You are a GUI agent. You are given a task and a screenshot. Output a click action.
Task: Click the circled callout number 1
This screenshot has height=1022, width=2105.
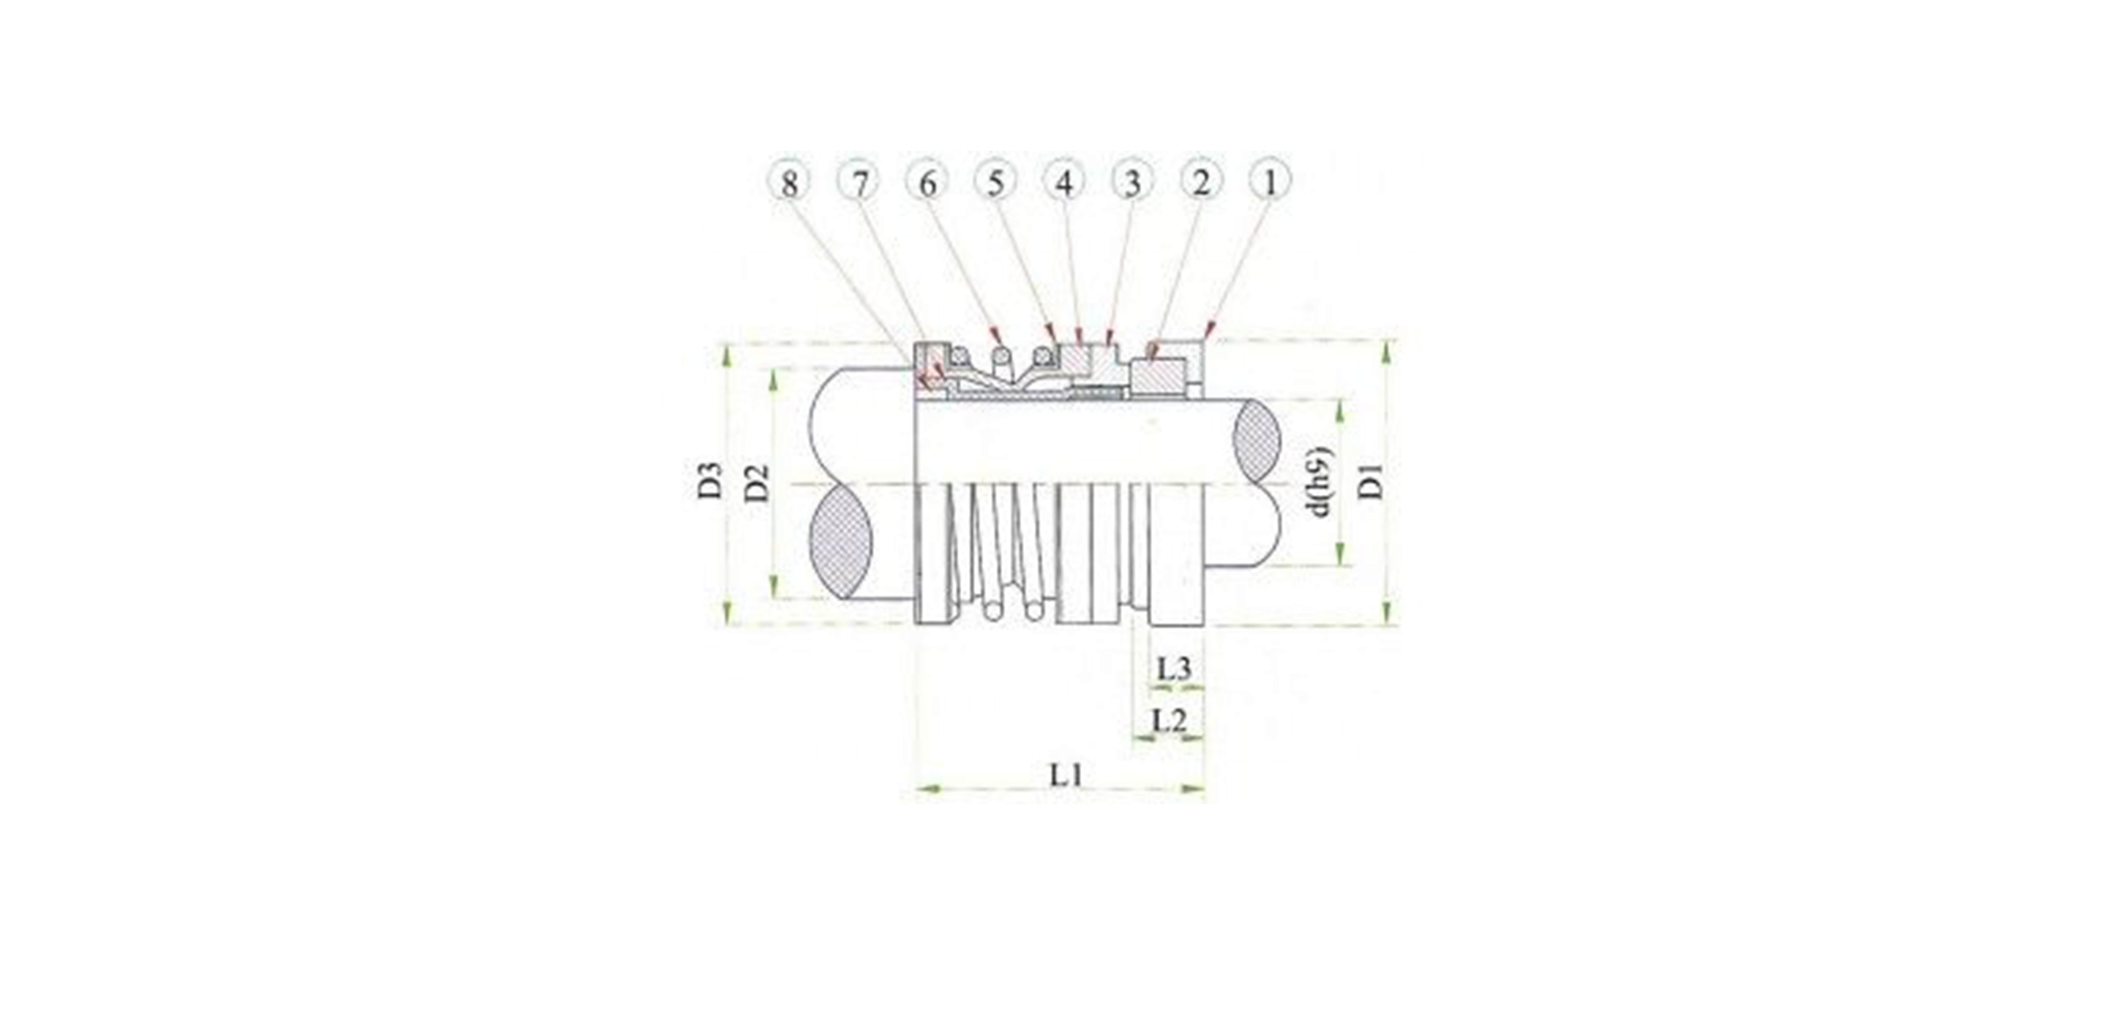[x=1269, y=182]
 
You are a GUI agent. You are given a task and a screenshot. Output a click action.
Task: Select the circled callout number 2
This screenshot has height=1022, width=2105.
[x=1200, y=182]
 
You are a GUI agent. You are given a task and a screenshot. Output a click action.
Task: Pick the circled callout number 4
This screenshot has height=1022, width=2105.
[x=1064, y=182]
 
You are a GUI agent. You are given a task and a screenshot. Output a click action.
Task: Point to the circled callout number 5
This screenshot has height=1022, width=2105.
[x=995, y=182]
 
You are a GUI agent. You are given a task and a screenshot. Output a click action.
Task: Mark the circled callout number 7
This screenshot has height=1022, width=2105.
[x=858, y=182]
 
